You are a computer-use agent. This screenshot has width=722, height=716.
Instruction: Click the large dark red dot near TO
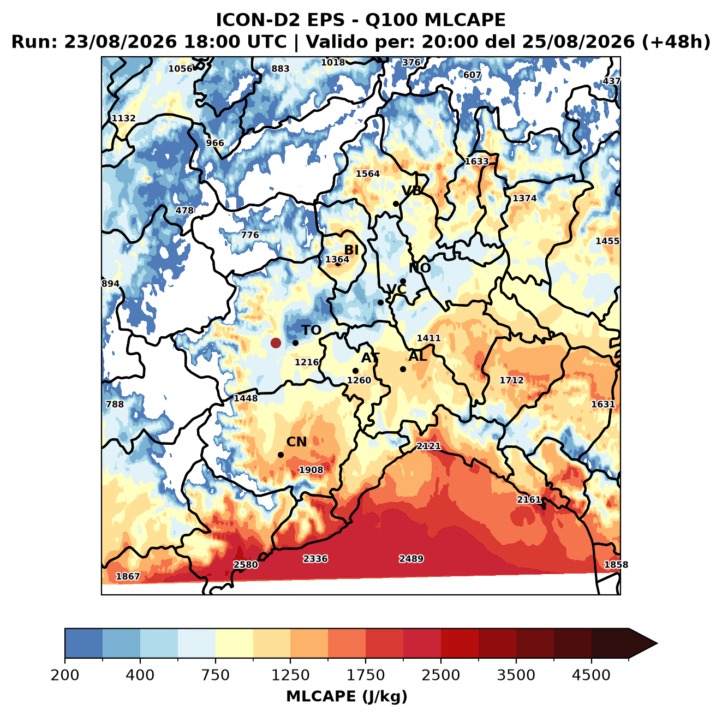tap(276, 343)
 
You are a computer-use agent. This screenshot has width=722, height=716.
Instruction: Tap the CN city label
tap(296, 441)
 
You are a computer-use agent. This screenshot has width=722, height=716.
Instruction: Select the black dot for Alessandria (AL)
tap(403, 369)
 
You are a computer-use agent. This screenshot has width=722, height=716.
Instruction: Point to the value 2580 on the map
tap(246, 564)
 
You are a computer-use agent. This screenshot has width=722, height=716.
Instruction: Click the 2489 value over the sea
tap(411, 559)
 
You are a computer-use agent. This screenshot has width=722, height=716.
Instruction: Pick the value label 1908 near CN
tap(311, 469)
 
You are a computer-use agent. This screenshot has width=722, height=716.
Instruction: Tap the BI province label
tap(351, 250)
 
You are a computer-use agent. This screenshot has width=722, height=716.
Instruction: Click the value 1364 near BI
tap(337, 259)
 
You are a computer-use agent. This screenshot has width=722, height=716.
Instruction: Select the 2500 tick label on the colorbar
tap(440, 675)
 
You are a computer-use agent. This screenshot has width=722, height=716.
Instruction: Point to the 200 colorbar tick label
tap(65, 675)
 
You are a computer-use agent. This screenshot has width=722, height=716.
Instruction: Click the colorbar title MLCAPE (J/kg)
tap(347, 696)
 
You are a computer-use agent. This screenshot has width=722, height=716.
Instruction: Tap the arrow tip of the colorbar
tap(657, 643)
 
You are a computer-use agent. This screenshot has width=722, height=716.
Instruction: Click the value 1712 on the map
tap(511, 380)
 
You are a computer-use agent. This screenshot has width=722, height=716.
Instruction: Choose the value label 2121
tap(428, 446)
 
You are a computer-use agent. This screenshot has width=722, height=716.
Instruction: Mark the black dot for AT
tap(355, 371)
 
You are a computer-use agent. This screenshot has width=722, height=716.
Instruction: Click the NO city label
tap(419, 268)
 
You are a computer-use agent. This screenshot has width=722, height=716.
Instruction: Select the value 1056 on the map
tap(180, 69)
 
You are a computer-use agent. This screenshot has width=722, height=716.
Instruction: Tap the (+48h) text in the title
tap(676, 41)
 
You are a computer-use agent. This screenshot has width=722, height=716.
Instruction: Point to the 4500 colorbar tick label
tap(591, 675)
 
